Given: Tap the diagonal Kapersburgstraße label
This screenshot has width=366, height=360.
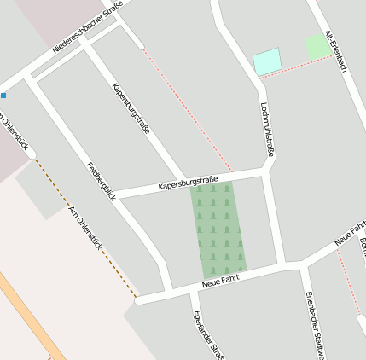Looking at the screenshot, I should point(131,108).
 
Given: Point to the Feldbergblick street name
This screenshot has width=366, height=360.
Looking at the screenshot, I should point(101,181).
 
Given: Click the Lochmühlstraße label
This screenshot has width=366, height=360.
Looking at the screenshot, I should point(266,129).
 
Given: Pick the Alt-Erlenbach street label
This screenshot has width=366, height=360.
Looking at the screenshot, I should point(335,51).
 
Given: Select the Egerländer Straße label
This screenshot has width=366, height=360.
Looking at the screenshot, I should point(208,335).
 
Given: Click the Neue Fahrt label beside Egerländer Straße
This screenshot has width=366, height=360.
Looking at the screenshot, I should point(220,280).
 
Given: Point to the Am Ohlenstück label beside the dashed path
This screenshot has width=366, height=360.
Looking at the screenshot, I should point(89,231).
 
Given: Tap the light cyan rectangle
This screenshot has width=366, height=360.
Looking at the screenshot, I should point(267,61).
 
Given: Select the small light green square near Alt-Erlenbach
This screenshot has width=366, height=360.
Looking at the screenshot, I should point(317,46).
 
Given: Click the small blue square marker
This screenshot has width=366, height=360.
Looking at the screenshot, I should point(3,95).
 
